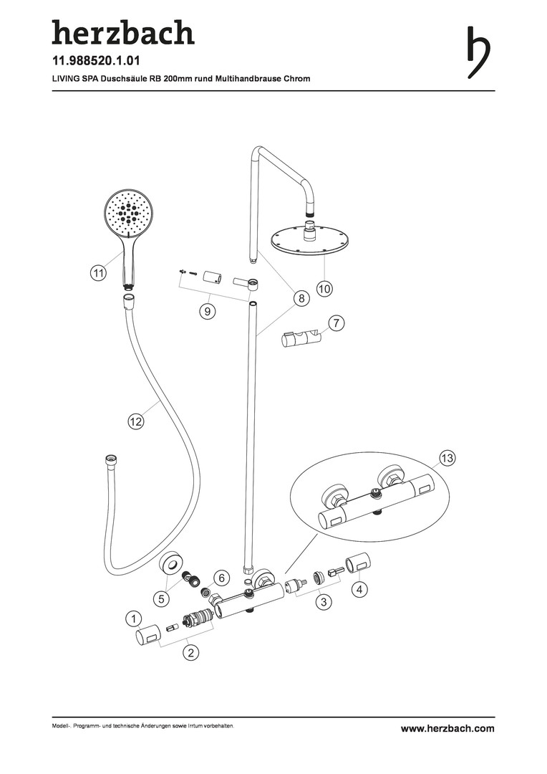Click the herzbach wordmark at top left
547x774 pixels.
pos(122,34)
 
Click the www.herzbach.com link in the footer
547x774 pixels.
pos(447,728)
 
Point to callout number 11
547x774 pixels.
pos(98,273)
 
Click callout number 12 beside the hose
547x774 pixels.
pos(135,421)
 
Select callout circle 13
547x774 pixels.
pos(447,457)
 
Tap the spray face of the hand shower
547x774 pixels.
pos(128,211)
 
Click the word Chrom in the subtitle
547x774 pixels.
pos(297,79)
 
